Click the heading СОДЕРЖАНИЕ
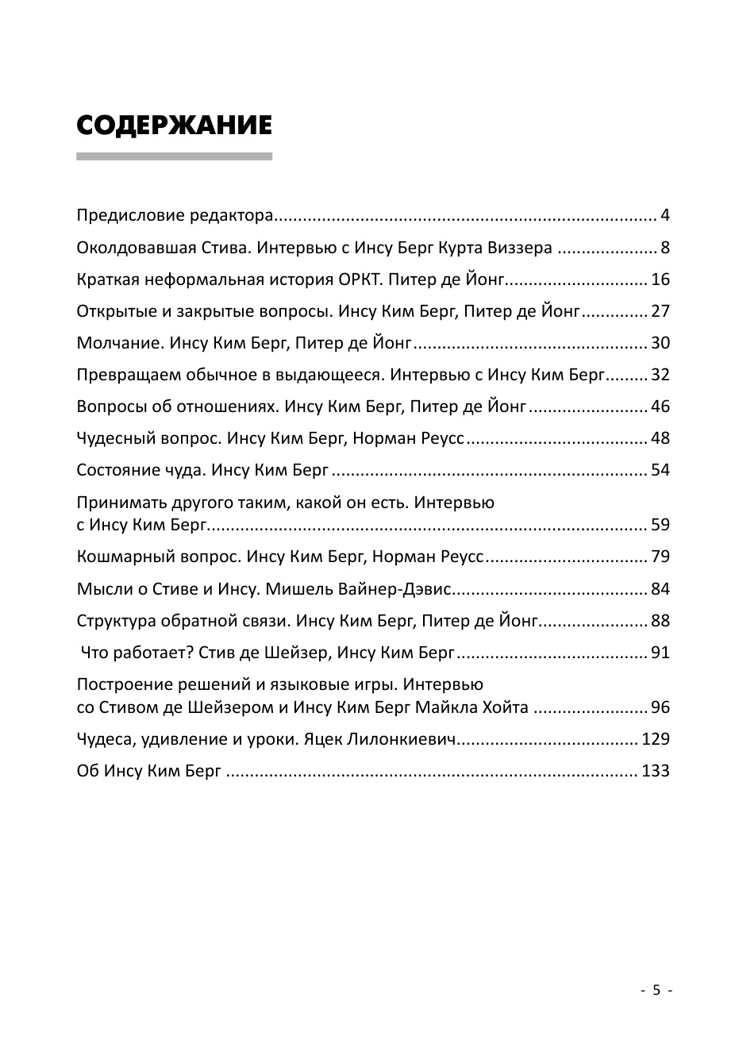click(x=174, y=125)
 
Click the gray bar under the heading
click(x=174, y=156)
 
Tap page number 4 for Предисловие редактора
click(x=665, y=216)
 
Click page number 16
click(x=660, y=279)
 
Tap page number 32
click(x=660, y=375)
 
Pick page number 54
click(x=660, y=470)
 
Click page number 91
click(x=660, y=653)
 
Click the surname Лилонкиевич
click(x=403, y=739)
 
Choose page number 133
click(x=656, y=771)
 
